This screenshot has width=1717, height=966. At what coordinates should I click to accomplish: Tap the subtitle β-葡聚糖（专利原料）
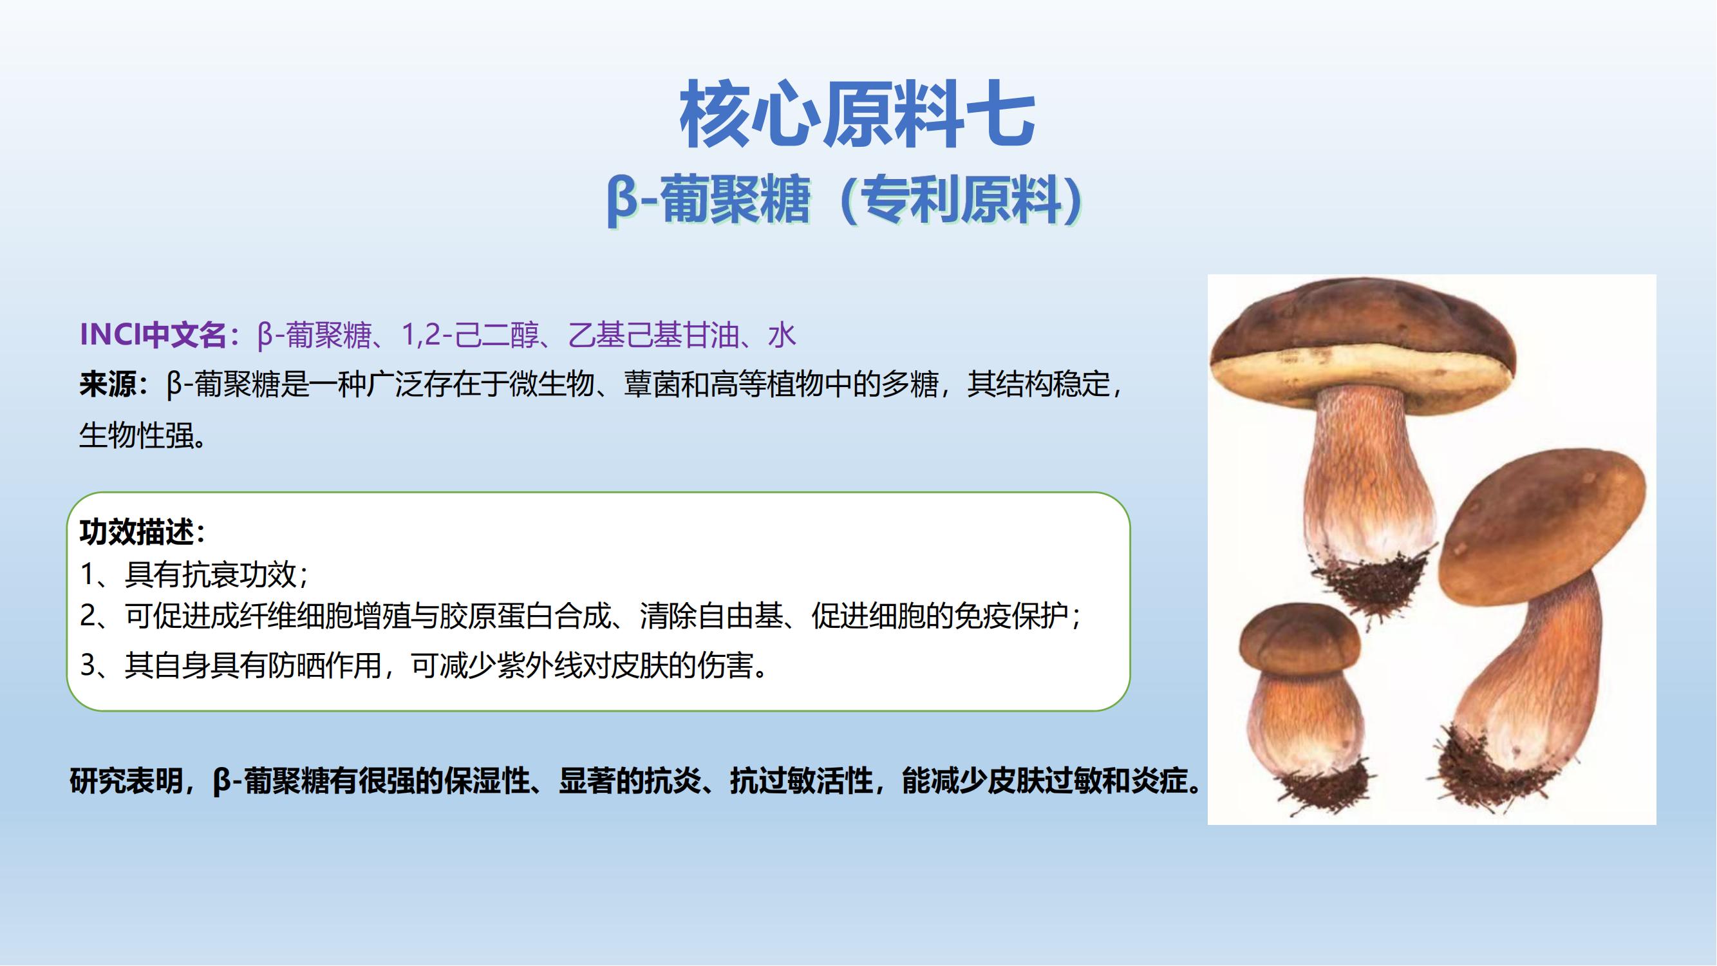844,200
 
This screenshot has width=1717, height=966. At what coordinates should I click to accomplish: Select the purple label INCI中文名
153,335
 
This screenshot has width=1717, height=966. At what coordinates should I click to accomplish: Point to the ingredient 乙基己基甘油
653,335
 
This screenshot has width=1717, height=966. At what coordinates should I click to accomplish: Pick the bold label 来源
108,384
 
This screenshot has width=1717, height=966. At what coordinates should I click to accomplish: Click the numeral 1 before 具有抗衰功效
88,574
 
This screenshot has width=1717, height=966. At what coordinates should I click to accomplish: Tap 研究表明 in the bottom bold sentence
127,781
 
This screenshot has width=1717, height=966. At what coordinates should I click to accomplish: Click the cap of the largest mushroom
1362,343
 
